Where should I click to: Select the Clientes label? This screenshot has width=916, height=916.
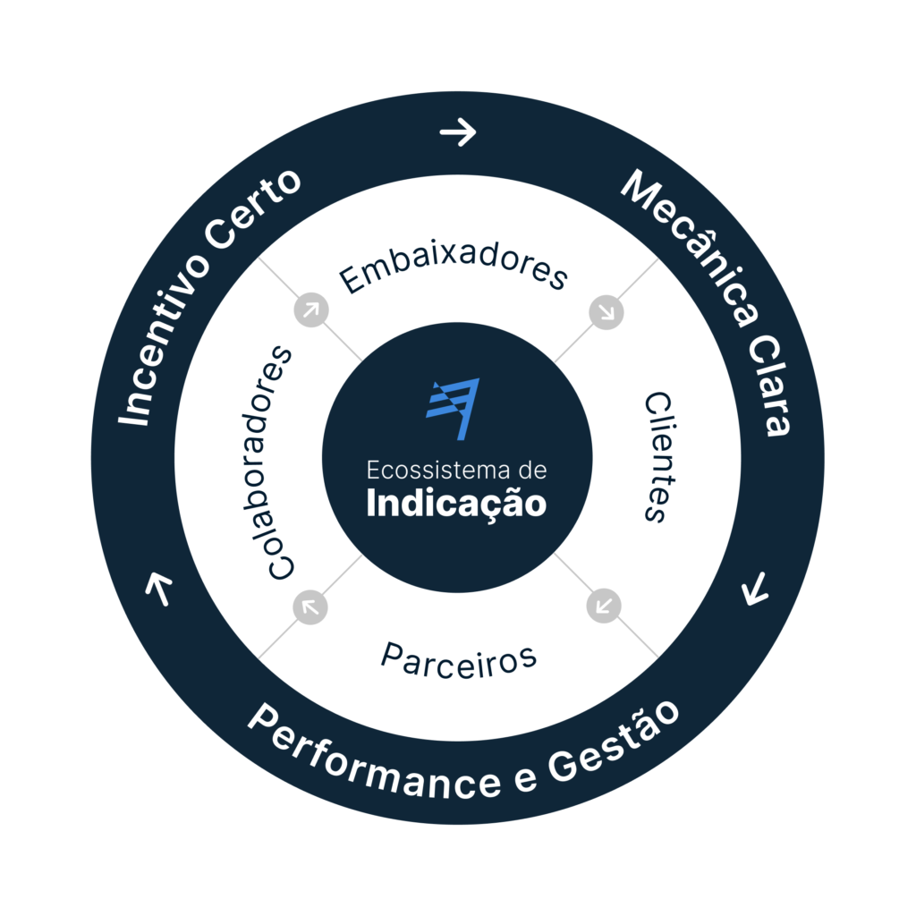(657, 456)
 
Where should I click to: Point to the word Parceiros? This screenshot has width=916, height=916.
(458, 659)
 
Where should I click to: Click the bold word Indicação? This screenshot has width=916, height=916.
(456, 503)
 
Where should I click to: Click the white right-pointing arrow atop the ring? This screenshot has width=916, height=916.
(458, 133)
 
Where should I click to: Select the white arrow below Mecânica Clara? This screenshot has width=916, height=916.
(756, 589)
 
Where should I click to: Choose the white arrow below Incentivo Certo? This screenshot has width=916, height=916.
(159, 589)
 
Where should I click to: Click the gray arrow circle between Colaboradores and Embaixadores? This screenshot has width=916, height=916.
(311, 310)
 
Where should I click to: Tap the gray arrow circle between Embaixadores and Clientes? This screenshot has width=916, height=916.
(606, 312)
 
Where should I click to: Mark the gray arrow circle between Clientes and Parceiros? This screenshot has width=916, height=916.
(604, 606)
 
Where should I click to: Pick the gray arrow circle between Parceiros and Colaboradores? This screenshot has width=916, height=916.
(310, 606)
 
